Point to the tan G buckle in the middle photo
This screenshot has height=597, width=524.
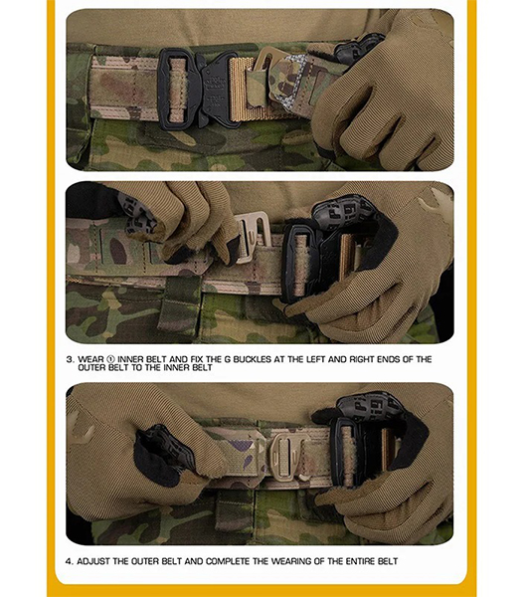coord(252,236)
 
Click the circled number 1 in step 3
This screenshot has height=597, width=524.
coord(110,359)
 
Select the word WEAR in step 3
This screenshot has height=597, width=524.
coord(90,359)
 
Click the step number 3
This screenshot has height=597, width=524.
coord(70,359)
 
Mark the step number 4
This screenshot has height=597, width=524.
coord(69,561)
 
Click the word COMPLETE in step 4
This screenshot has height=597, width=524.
coord(228,561)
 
